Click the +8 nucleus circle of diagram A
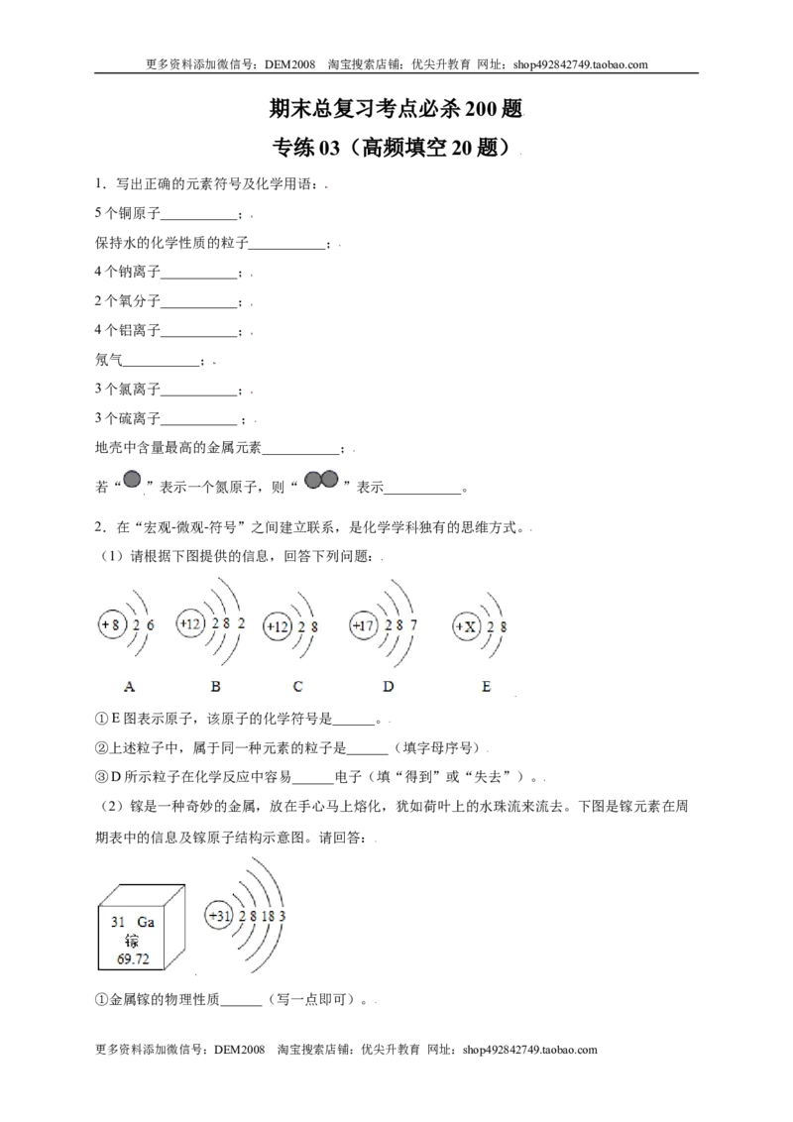tap(112, 624)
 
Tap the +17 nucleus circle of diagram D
tap(364, 625)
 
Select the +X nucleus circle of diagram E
tap(466, 626)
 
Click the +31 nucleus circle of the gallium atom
tap(219, 916)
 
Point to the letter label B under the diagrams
tap(215, 686)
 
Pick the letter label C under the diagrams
tap(297, 686)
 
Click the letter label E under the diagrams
tap(486, 686)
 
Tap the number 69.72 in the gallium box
tap(133, 958)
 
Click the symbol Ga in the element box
tap(146, 922)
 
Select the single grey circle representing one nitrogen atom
tap(132, 479)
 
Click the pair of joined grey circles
tap(321, 479)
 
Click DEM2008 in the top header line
tap(289, 64)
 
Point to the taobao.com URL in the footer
tap(529, 1050)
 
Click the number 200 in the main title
tap(482, 109)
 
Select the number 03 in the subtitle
tap(329, 148)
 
